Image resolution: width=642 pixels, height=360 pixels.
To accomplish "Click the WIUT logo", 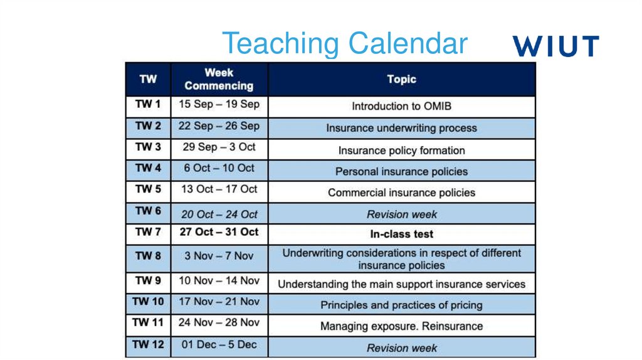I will click(555, 46).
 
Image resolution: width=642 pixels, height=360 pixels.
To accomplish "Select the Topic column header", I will click(401, 80).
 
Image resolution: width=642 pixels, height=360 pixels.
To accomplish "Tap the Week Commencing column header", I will click(219, 79).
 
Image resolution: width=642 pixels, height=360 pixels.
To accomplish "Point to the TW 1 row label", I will click(148, 104).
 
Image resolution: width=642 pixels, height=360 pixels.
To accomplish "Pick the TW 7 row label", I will click(148, 232).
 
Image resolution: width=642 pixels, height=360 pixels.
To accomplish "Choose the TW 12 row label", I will click(148, 345).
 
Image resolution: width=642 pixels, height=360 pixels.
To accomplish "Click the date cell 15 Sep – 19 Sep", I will click(219, 104).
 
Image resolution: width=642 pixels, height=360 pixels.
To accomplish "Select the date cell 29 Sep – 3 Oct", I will click(219, 147).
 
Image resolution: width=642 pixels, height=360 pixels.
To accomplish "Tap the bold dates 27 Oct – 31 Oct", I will click(219, 232).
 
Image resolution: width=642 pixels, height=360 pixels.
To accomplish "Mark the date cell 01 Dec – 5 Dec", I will click(219, 345).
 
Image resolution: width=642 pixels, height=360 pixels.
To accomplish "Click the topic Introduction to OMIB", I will click(401, 107).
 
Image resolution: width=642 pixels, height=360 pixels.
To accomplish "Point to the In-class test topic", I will click(401, 235).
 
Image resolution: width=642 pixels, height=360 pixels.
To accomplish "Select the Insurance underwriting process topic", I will click(401, 129).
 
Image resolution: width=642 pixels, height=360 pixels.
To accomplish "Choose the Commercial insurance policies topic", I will click(401, 193).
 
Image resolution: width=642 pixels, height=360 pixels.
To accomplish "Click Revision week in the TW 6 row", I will click(401, 214).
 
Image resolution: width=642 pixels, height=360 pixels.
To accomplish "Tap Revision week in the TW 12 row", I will click(401, 348).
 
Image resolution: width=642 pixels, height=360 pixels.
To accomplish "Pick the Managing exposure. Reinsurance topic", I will click(401, 326).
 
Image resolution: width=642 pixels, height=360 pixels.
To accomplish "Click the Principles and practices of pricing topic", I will click(401, 305).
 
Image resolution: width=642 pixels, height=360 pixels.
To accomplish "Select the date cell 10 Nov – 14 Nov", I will click(219, 281).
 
